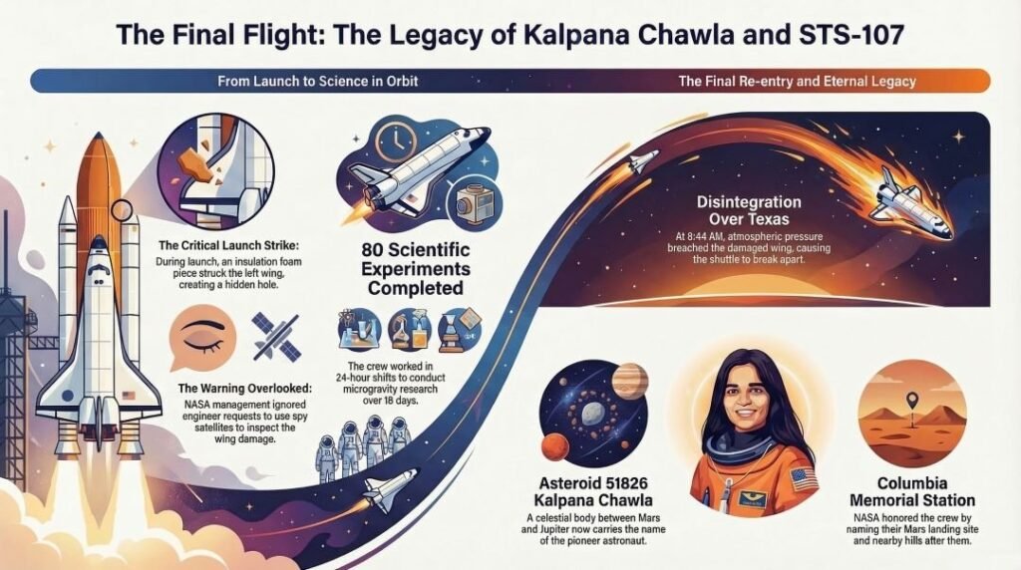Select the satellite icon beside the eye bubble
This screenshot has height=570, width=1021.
(271, 336)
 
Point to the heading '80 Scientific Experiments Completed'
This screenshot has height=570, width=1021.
(415, 268)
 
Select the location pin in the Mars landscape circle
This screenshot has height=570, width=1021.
(909, 401)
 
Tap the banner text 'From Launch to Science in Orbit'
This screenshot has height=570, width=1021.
(301, 81)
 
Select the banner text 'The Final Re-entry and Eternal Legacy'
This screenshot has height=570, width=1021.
(796, 81)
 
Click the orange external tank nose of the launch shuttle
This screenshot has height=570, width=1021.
(100, 159)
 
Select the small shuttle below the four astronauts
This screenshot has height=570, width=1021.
(384, 491)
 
